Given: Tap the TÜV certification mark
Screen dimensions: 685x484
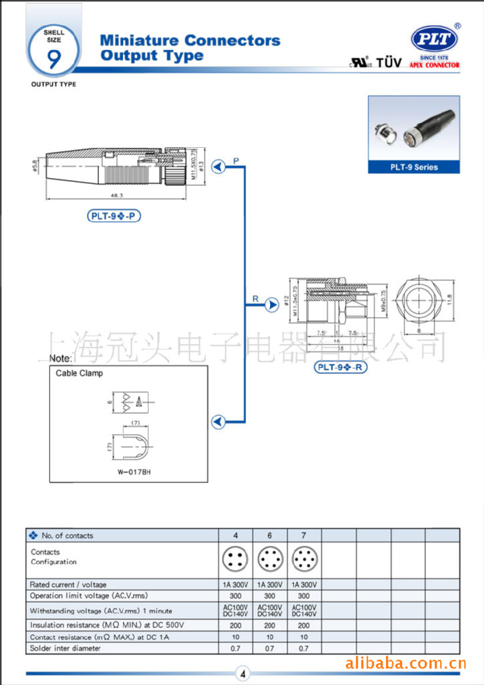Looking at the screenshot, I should coord(389,63).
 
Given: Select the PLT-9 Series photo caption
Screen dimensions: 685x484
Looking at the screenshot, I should coord(414,167).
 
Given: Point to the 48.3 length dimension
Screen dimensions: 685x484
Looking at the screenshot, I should coord(118,195).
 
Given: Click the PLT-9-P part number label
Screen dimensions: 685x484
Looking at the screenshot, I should coord(114,216).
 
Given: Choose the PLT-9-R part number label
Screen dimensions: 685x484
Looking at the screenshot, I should coord(341,367).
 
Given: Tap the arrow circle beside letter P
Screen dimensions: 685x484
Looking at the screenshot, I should coord(218,167).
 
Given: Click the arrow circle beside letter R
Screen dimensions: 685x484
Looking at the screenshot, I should coord(271,305).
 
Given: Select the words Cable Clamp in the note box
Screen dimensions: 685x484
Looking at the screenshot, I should coord(79,373).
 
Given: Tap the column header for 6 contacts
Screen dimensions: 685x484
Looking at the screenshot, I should coord(269,535).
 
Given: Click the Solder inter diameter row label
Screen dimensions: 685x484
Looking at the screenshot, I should coord(66,648).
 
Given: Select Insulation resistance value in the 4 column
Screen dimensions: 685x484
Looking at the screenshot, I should coord(235,625).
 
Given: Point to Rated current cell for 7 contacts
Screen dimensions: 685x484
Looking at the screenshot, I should coord(304,585).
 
